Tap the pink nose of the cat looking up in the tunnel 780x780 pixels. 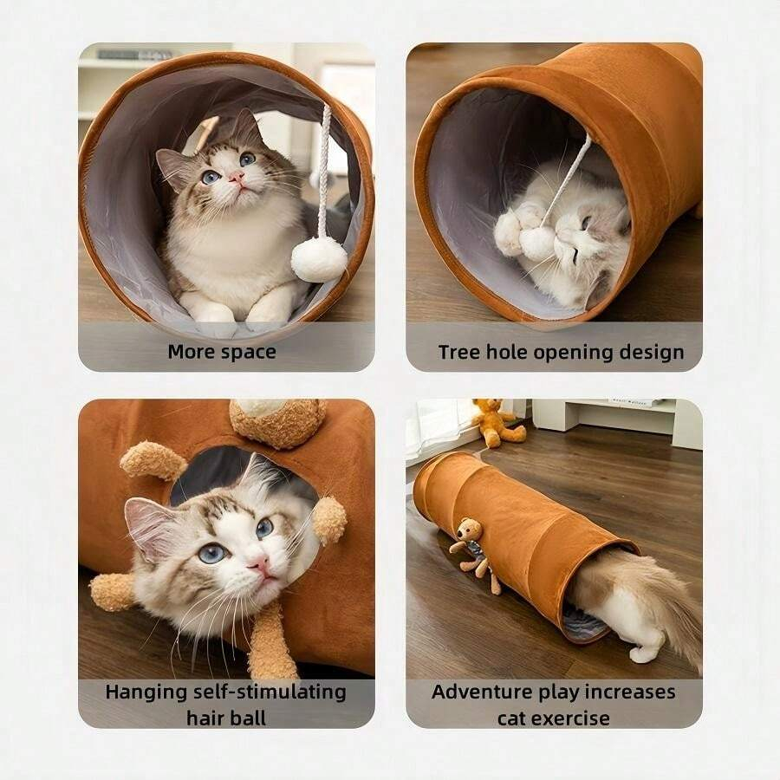pos(237,177)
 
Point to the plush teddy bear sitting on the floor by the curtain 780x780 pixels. pos(497,422)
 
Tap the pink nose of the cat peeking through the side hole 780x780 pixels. pos(261,564)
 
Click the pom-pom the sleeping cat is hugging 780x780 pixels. pos(536,244)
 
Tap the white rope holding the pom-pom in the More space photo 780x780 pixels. pos(324,172)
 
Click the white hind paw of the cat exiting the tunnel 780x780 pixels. pos(645,653)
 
